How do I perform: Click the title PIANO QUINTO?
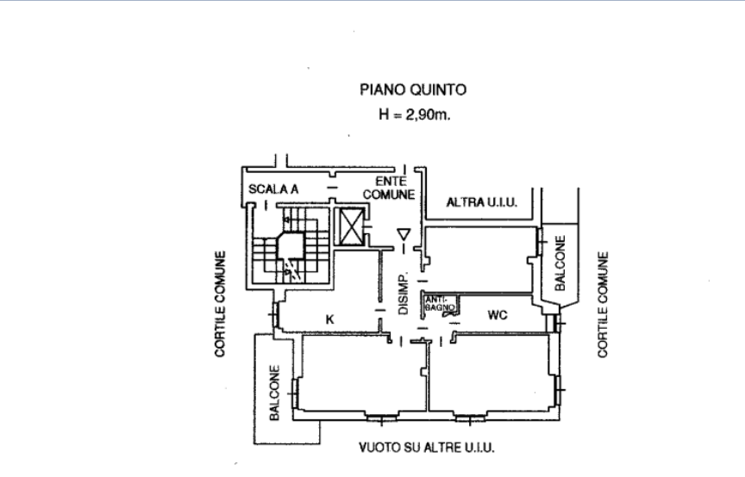412,89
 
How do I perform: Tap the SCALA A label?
273,189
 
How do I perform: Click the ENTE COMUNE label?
390,189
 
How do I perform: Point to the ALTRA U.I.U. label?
481,203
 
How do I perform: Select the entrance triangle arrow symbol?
403,232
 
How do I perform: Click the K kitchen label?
329,319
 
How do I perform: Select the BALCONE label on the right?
559,263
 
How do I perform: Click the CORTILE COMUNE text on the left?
222,303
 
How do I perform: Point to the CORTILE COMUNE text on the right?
604,303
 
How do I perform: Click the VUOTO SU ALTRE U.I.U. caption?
427,449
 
